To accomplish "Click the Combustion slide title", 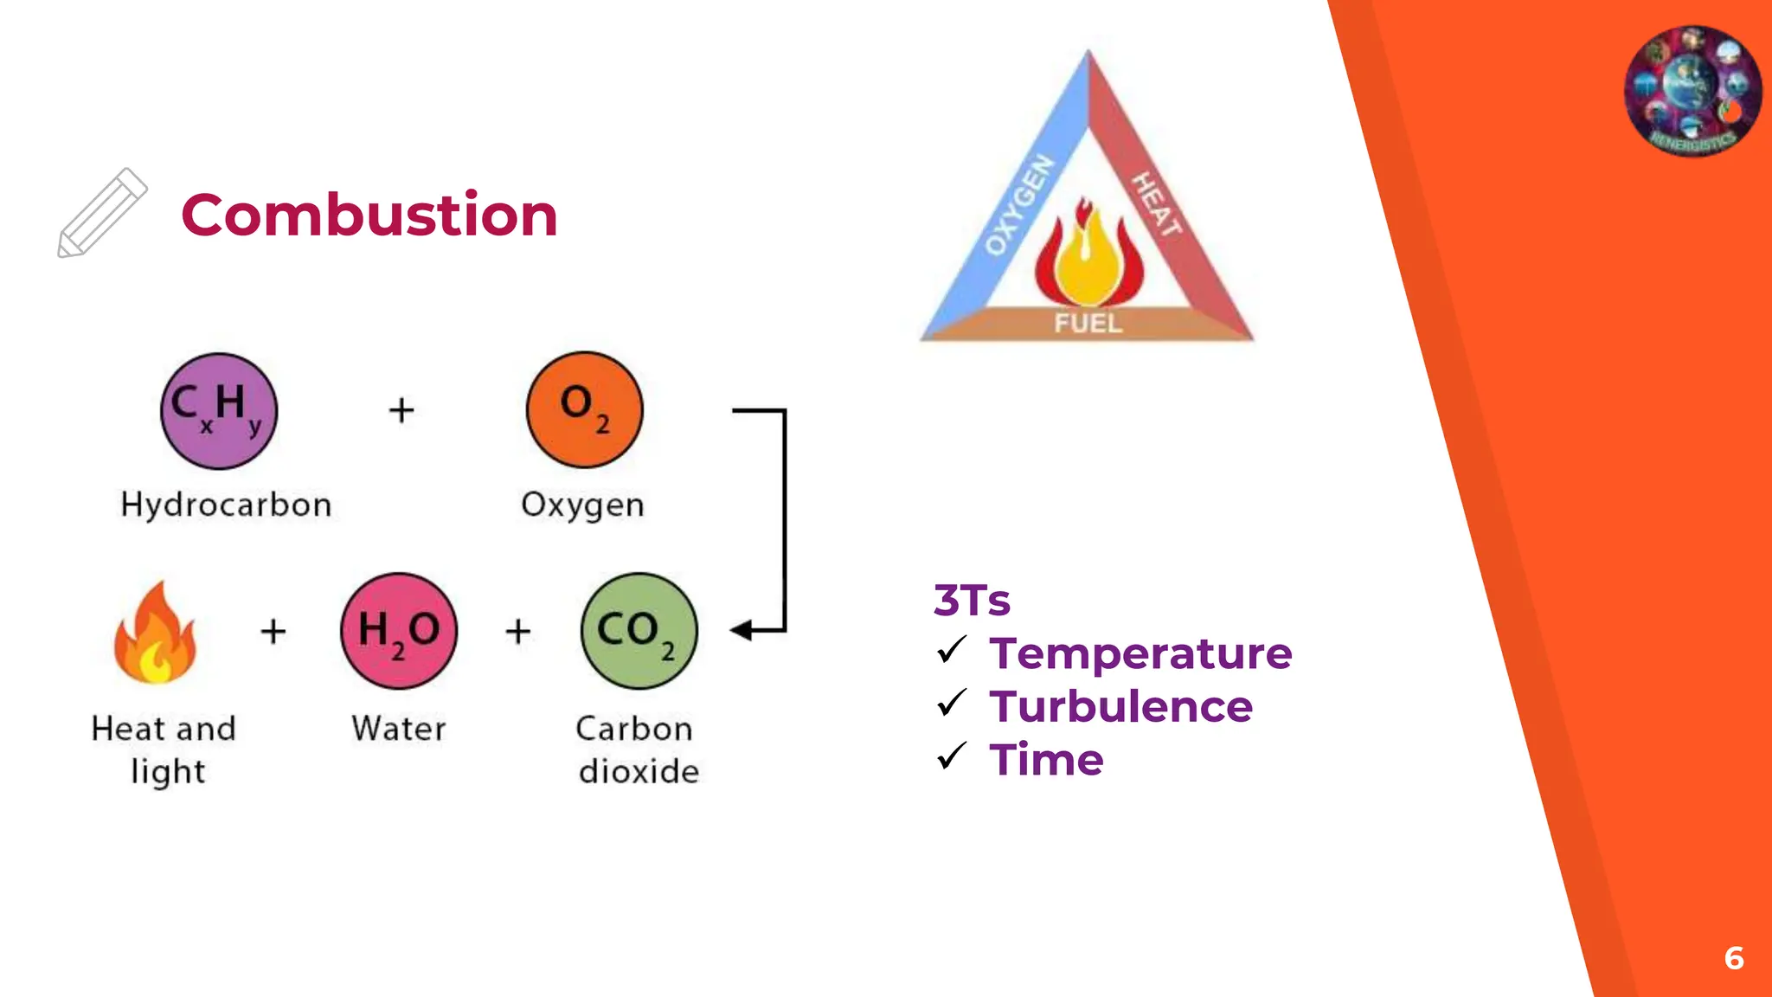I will [x=369, y=215].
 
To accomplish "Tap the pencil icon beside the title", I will [x=102, y=213].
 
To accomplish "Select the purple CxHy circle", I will [x=219, y=410].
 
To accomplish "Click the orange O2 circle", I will [x=585, y=409].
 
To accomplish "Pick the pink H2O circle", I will [x=399, y=631].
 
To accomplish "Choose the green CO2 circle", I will [x=639, y=631].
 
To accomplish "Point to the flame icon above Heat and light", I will [x=155, y=634].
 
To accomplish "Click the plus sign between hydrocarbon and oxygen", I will [x=401, y=409].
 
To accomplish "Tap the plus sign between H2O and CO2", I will [x=517, y=631].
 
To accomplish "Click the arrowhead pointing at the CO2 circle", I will [x=742, y=630].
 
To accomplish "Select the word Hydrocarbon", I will [x=226, y=505].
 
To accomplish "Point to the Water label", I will [x=399, y=729].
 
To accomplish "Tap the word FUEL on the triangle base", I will [x=1088, y=324].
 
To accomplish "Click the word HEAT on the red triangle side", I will [x=1157, y=204].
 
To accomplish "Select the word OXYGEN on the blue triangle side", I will [x=1020, y=206].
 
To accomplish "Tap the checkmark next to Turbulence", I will [x=951, y=703].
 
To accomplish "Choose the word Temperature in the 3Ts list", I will [x=1140, y=653].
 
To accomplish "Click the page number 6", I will [x=1733, y=958].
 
